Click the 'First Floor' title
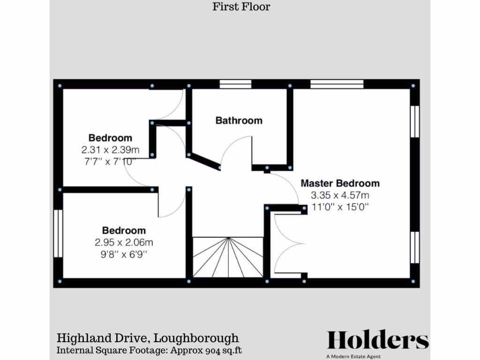(x=241, y=7)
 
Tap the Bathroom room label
(x=239, y=120)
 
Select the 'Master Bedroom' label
(x=340, y=183)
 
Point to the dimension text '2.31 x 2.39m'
(x=110, y=150)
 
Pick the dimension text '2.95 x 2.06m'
(x=124, y=243)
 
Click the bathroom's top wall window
(x=235, y=84)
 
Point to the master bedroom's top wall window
(x=337, y=84)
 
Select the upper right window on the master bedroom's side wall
(x=414, y=121)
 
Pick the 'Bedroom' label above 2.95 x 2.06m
(x=124, y=231)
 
